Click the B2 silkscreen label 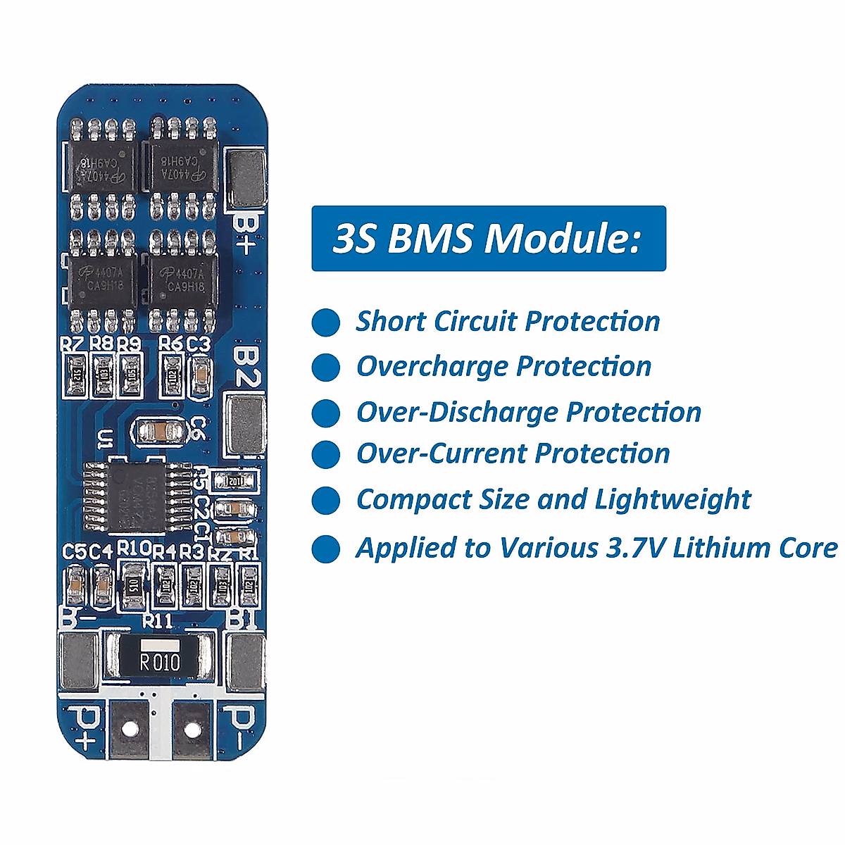(245, 365)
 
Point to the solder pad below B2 (245, 425)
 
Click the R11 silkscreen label (157, 620)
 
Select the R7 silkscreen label (72, 344)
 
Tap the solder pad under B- (77, 661)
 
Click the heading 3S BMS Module (488, 238)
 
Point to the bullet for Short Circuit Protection (325, 323)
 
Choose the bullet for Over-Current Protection (325, 454)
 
